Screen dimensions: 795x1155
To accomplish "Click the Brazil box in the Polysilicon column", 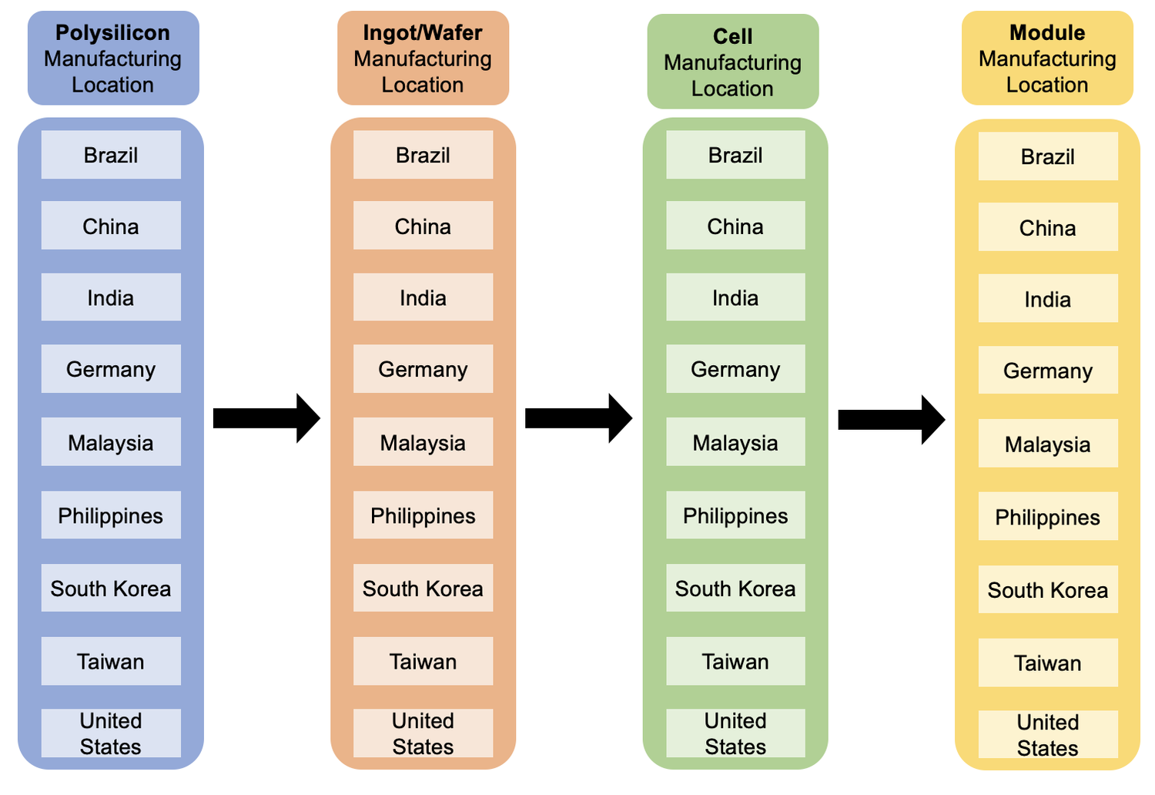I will [111, 155].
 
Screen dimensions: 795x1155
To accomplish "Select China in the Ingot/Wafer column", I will [423, 226].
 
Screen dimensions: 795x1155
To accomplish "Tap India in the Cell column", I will [735, 297].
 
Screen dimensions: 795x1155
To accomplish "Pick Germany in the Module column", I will [1048, 371].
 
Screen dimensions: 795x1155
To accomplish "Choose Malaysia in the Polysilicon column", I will [111, 442].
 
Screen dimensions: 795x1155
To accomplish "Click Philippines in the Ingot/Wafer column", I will [423, 515].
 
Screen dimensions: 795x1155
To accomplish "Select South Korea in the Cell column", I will [735, 589].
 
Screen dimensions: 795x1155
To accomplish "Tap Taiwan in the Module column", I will [1048, 662].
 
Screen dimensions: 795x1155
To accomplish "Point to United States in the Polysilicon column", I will [111, 733].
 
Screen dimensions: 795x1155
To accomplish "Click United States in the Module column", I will [1048, 735].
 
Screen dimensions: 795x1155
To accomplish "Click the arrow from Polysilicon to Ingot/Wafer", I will [266, 418].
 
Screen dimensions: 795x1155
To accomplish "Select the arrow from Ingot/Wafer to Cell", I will [578, 418].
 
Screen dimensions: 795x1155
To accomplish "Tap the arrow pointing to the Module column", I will [891, 420].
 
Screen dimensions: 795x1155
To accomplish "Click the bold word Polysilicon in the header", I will [112, 32].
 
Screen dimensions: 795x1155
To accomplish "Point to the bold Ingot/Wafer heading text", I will [423, 32].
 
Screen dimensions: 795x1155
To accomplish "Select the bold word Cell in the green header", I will [732, 36].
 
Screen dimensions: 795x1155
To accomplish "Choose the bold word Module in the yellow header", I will [1047, 32].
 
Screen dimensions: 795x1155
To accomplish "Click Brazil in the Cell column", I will [735, 155].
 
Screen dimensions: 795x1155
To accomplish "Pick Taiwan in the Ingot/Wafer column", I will [423, 661].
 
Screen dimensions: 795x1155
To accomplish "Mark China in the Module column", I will [1048, 227].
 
